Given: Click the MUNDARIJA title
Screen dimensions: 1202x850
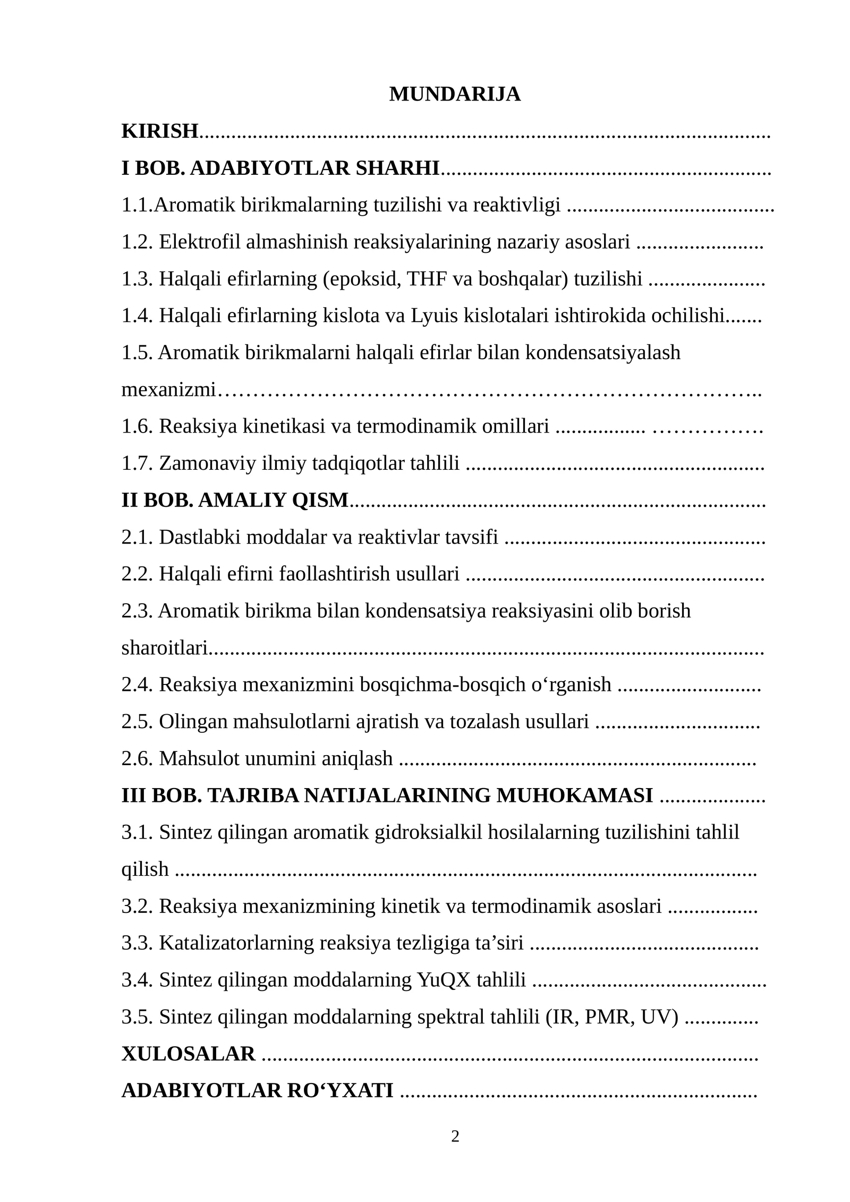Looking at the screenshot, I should coord(454,95).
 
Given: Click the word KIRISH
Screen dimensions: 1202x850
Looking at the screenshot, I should coord(160,131).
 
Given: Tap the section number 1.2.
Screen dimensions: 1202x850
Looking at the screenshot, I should coord(137,242).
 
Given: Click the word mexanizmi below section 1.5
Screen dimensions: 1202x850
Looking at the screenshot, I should coord(168,390).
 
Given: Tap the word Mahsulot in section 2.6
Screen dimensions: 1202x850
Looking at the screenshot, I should coord(199,759).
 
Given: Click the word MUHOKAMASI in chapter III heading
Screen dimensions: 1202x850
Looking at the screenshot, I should coord(574,796).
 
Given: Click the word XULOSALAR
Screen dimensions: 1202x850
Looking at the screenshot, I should coord(188,1054).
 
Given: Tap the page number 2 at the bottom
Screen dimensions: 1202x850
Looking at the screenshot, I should coord(455,1137).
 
